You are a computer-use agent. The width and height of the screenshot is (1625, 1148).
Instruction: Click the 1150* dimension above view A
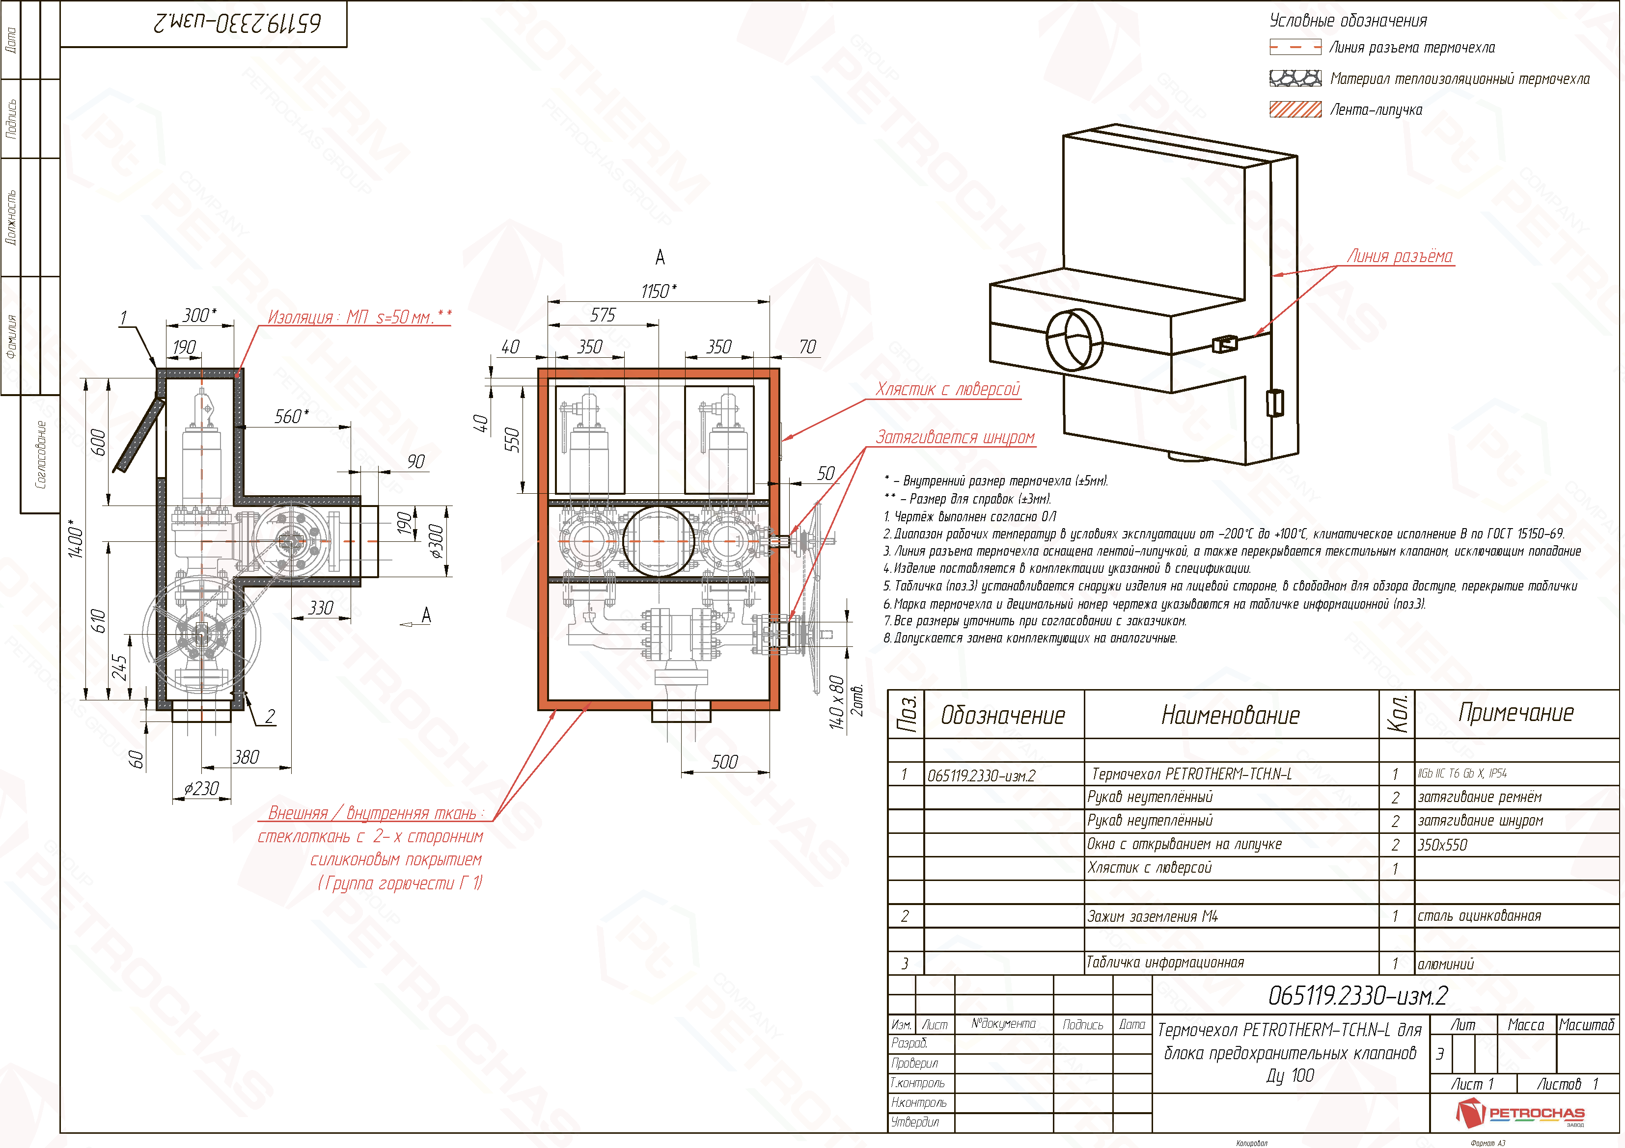tap(658, 292)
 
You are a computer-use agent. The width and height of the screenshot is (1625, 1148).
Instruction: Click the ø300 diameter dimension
tap(437, 541)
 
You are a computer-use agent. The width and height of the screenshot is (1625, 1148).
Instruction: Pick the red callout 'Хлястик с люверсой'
tap(948, 390)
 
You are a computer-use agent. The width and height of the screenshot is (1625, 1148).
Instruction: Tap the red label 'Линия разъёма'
tap(1399, 257)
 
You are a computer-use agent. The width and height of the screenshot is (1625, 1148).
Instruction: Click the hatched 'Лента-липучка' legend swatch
tap(1295, 109)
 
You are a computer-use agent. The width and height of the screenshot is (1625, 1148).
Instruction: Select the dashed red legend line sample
tap(1295, 48)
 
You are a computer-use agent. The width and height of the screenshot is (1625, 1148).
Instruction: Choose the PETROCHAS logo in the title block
tap(1522, 1114)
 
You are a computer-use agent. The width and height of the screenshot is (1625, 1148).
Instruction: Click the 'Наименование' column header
tap(1231, 716)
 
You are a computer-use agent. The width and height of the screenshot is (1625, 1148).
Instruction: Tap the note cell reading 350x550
tap(1442, 845)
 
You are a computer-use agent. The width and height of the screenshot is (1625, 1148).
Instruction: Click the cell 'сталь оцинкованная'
tap(1479, 916)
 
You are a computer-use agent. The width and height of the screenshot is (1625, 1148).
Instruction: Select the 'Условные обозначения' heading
tap(1348, 21)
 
